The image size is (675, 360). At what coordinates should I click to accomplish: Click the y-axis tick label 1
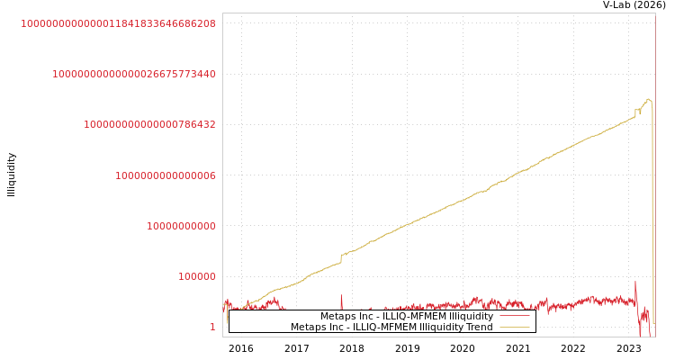[x=212, y=328]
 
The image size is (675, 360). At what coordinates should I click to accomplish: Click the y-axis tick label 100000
[x=196, y=277]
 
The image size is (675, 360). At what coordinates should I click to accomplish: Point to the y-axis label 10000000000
[x=181, y=227]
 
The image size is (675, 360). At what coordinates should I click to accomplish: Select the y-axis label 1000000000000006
[x=165, y=176]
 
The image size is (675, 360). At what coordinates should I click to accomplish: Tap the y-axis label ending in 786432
[x=149, y=125]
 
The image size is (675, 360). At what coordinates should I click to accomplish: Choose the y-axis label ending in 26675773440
[x=133, y=75]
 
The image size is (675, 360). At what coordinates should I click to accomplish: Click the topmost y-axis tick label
[x=118, y=24]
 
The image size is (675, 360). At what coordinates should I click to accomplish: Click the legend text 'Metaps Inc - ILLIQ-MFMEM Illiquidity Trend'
[x=391, y=328]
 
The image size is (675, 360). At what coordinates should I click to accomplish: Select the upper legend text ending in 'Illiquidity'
[x=407, y=317]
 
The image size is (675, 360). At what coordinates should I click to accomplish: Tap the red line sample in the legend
[x=514, y=317]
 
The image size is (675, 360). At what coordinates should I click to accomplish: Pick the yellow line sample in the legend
[x=514, y=328]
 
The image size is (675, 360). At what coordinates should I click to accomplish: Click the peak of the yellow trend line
[x=648, y=99]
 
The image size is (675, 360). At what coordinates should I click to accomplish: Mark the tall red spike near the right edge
[x=635, y=283]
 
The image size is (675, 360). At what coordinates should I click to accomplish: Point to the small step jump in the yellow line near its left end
[x=340, y=259]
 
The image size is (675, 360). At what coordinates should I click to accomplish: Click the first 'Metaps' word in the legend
[x=337, y=317]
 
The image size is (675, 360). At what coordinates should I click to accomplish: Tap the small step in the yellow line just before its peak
[x=635, y=112]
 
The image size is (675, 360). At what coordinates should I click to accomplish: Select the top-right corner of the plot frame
[x=655, y=13]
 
